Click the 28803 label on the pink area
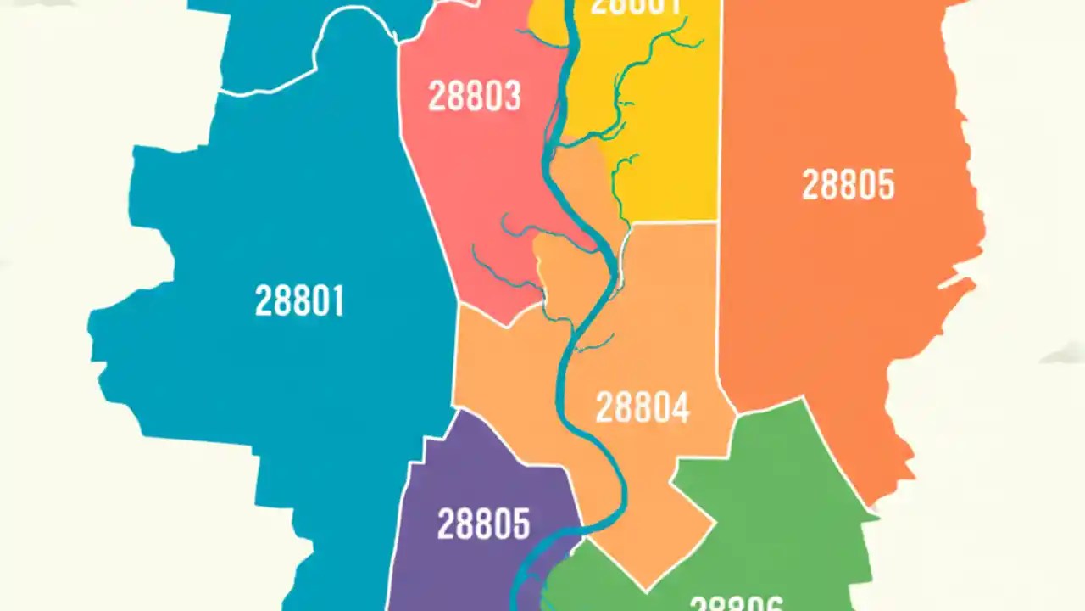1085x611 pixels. pyautogui.click(x=474, y=97)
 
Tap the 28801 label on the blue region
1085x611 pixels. pyautogui.click(x=300, y=300)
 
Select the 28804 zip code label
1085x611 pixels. pyautogui.click(x=643, y=408)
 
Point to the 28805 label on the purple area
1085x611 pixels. pyautogui.click(x=483, y=524)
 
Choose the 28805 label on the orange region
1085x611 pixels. pyautogui.click(x=848, y=184)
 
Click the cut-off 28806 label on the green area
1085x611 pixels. pyautogui.click(x=736, y=603)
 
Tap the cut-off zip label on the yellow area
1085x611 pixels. pyautogui.click(x=635, y=7)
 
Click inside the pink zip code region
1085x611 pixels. pyautogui.click(x=475, y=187)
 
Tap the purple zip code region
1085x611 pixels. pyautogui.click(x=458, y=569)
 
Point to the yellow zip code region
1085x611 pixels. pyautogui.click(x=670, y=170)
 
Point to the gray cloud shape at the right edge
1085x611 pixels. pyautogui.click(x=1064, y=354)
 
